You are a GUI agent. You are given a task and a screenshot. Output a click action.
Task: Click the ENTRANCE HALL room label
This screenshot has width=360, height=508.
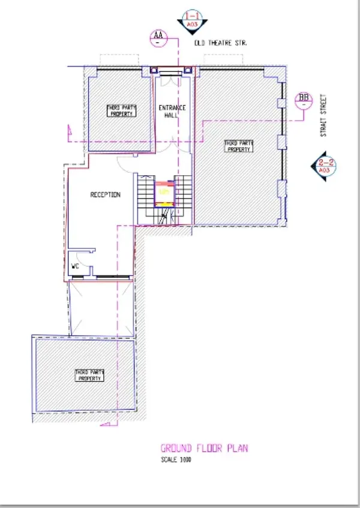click(172, 111)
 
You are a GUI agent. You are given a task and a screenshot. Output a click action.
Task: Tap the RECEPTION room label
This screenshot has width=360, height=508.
click(105, 195)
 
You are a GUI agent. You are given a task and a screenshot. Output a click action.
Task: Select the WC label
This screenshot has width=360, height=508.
click(76, 265)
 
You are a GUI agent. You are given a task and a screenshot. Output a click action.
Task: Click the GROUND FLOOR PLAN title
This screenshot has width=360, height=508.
click(203, 448)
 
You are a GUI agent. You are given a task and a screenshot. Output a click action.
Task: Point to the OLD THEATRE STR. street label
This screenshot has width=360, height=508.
click(221, 44)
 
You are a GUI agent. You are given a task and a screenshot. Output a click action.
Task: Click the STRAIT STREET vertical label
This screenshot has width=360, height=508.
click(323, 115)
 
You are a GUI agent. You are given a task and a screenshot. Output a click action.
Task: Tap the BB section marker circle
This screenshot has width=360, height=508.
click(304, 100)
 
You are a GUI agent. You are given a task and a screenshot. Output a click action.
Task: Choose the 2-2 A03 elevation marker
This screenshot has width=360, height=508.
click(325, 166)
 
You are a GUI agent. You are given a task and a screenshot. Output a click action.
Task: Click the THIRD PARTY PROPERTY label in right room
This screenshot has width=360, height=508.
click(239, 146)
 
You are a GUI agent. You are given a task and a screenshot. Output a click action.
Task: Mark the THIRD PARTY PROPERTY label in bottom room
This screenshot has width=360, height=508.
click(90, 375)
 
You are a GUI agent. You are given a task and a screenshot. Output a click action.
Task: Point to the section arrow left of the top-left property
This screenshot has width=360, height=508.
click(71, 130)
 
